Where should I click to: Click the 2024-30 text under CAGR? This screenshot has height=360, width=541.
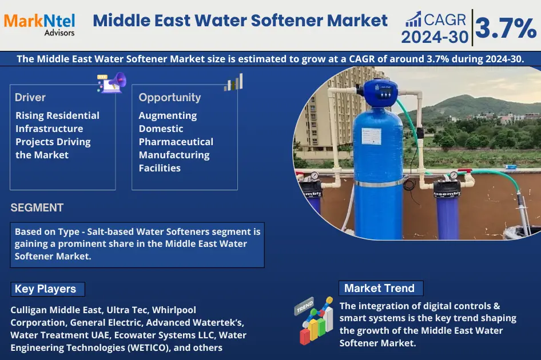click(434, 37)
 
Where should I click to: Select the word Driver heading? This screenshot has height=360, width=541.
click(30, 97)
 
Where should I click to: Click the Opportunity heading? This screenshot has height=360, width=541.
click(170, 97)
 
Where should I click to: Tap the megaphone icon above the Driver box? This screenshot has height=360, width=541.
click(112, 82)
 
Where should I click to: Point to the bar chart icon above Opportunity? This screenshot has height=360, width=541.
click(233, 82)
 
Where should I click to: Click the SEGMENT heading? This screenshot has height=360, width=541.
click(37, 208)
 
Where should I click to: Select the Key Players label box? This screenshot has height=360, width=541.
click(47, 289)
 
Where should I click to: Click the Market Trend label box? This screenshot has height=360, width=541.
click(380, 288)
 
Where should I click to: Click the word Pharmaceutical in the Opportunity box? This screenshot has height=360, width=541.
click(176, 142)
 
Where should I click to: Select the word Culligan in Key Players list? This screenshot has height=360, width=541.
click(29, 310)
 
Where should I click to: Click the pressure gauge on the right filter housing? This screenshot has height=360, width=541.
click(454, 175)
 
